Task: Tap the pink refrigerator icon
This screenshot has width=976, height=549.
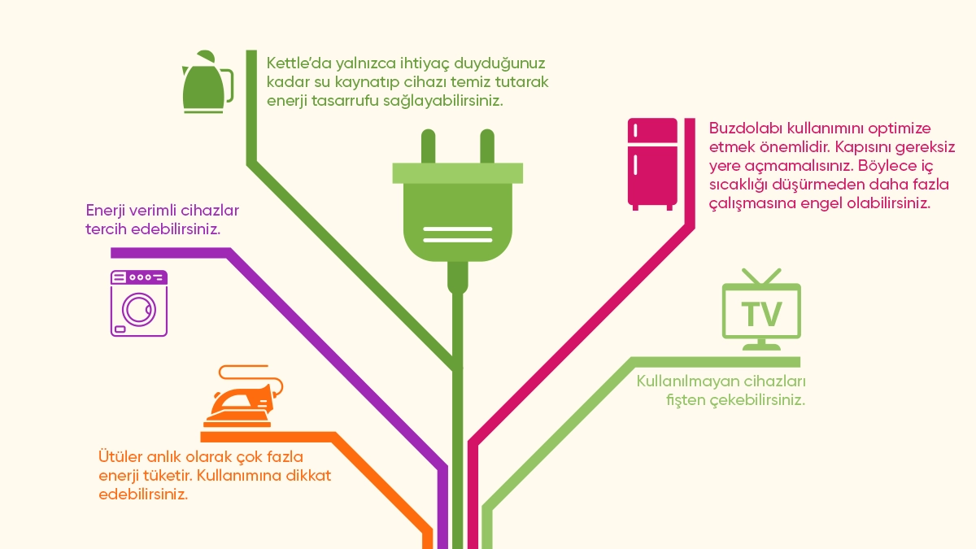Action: (652, 164)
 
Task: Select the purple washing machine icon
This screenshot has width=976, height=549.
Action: (139, 303)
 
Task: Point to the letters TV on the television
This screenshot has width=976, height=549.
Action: (761, 313)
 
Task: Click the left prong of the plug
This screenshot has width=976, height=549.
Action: (428, 146)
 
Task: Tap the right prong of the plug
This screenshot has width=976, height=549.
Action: (486, 146)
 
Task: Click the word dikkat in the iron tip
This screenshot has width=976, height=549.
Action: (308, 475)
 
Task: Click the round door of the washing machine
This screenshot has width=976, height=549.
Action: (139, 310)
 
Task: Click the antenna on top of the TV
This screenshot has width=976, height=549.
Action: (761, 277)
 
